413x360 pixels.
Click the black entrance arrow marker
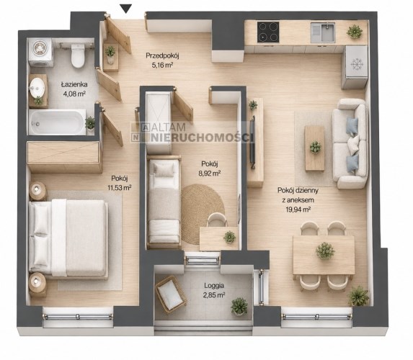click(x=127, y=9)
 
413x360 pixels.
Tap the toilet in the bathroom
click(x=78, y=55)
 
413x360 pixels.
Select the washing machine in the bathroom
click(x=40, y=52)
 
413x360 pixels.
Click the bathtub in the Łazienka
click(x=58, y=122)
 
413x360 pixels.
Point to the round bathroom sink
click(x=37, y=87)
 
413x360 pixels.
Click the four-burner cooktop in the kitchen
click(x=268, y=32)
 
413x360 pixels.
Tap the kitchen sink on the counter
click(x=323, y=32)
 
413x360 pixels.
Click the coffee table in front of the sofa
click(x=314, y=148)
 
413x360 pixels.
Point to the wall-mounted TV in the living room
click(x=252, y=142)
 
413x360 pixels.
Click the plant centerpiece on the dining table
click(x=325, y=251)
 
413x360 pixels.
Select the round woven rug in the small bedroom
click(x=203, y=215)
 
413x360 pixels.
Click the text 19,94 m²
click(x=298, y=210)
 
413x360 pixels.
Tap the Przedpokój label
click(x=162, y=55)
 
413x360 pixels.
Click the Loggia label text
click(x=214, y=285)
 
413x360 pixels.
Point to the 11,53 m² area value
click(x=120, y=188)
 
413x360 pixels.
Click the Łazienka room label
click(x=74, y=85)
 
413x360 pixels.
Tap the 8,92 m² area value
click(x=210, y=173)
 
